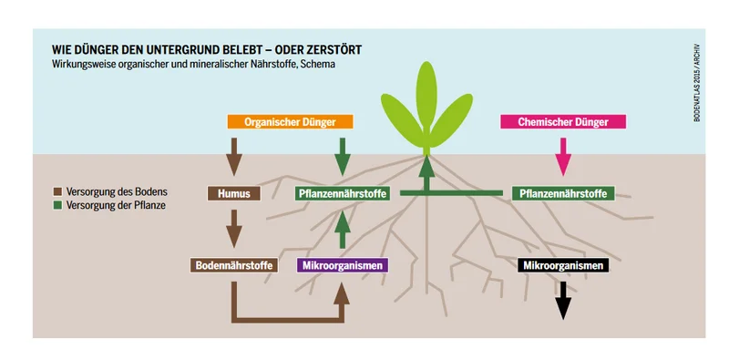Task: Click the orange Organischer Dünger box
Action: [290, 122]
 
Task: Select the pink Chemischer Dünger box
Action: [563, 122]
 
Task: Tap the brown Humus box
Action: [234, 193]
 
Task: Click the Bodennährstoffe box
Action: [234, 265]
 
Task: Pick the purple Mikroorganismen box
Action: [343, 265]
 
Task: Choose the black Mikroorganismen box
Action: [563, 265]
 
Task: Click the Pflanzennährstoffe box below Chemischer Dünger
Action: [563, 193]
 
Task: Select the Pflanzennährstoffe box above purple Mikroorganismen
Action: [343, 193]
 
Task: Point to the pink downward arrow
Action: [563, 157]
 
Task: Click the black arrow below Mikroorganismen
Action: [563, 301]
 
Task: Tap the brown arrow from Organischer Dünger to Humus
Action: [234, 157]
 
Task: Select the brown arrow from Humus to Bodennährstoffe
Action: [234, 229]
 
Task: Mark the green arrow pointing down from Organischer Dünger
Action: [343, 157]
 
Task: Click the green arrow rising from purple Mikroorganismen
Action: [343, 229]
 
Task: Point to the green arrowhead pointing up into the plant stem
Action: [426, 168]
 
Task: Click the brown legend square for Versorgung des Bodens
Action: [57, 191]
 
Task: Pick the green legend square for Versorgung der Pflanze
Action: [57, 205]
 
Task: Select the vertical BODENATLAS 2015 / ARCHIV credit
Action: [696, 83]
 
